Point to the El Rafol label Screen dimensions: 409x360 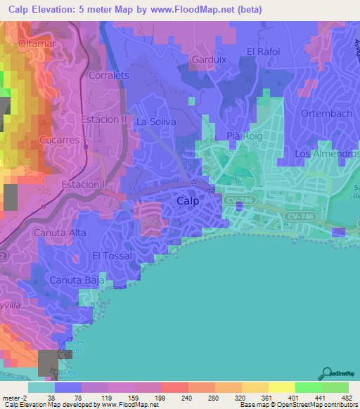pyautogui.click(x=264, y=51)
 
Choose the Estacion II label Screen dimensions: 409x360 pyautogui.click(x=104, y=119)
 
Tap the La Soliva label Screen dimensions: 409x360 pyautogui.click(x=156, y=122)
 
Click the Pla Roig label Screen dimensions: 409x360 pyautogui.click(x=240, y=136)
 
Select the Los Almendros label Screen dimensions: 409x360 pyautogui.click(x=321, y=153)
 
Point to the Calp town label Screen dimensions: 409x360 pyautogui.click(x=188, y=201)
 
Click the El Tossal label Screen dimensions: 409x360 pyautogui.click(x=112, y=256)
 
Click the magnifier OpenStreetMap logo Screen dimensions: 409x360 pyautogui.click(x=328, y=374)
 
